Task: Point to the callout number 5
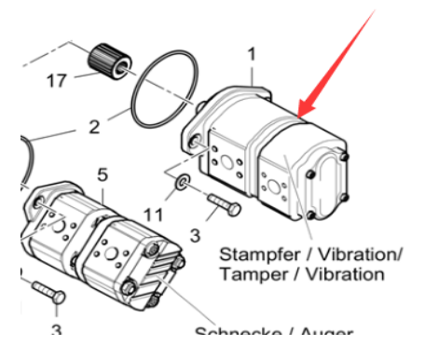click(103, 173)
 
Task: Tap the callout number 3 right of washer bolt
click(195, 235)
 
